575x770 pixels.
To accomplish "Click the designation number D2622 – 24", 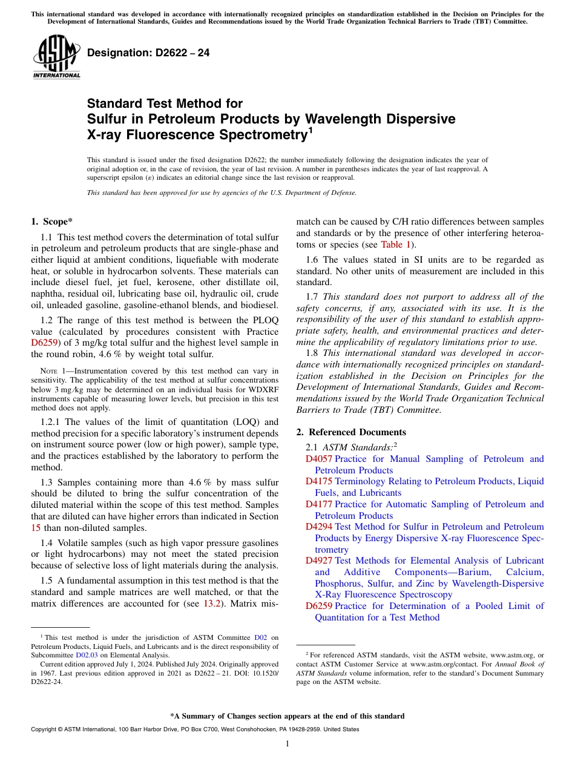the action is pyautogui.click(x=149, y=53).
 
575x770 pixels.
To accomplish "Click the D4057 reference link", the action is pyautogui.click(x=318, y=459).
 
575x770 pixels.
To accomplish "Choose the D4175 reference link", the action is pyautogui.click(x=318, y=481).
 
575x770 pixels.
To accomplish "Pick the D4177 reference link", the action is pyautogui.click(x=318, y=504).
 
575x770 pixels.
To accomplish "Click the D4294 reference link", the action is pyautogui.click(x=318, y=527).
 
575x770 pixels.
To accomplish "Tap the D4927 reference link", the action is pyautogui.click(x=318, y=561).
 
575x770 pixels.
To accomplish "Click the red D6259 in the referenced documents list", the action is pyautogui.click(x=318, y=606).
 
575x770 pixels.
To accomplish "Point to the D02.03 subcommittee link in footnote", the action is pyautogui.click(x=87, y=654).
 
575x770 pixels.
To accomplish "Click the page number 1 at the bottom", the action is pyautogui.click(x=287, y=744).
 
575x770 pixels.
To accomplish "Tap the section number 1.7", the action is pyautogui.click(x=312, y=297).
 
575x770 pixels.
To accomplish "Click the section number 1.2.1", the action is pyautogui.click(x=51, y=422).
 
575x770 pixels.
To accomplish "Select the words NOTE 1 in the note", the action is pyautogui.click(x=55, y=371).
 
